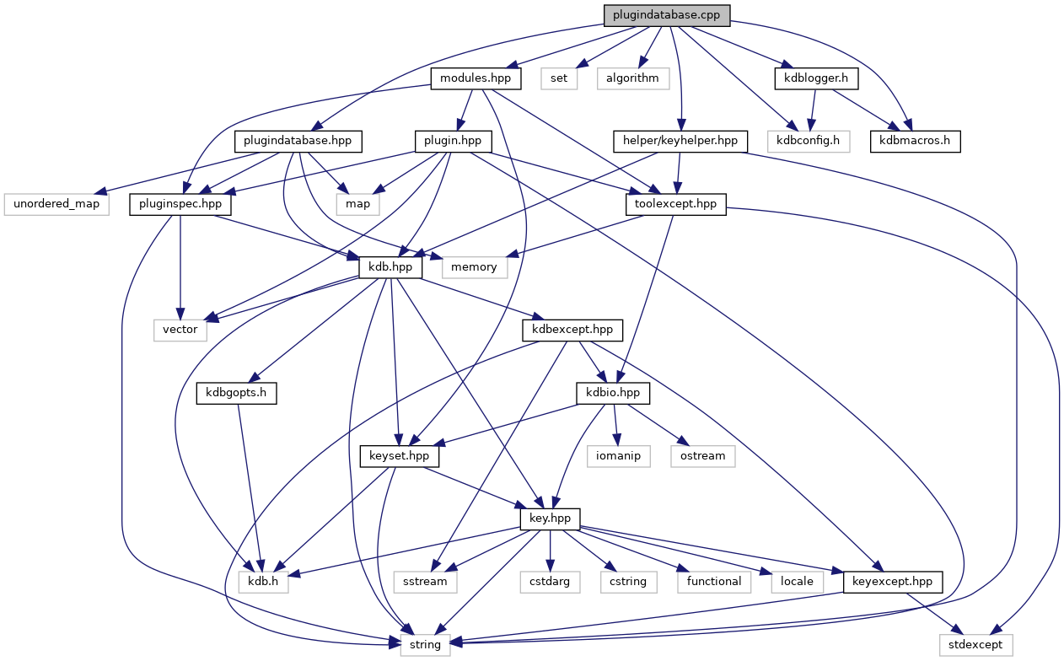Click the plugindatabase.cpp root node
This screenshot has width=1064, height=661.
666,14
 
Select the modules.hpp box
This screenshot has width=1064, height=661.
476,78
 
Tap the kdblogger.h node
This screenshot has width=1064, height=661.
816,78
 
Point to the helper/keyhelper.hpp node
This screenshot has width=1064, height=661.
680,140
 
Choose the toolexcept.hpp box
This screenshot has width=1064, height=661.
675,203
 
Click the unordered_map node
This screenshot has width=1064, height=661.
56,203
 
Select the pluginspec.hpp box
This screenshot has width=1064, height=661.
181,203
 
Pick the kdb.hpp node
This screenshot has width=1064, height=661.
391,266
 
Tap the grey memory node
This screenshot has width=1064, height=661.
474,266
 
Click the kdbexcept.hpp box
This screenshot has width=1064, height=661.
572,330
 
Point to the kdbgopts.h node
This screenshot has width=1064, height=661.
237,393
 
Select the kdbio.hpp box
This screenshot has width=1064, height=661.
608,393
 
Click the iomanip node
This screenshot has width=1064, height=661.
618,456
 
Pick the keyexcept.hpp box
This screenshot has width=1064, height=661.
893,581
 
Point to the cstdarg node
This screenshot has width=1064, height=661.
551,581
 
